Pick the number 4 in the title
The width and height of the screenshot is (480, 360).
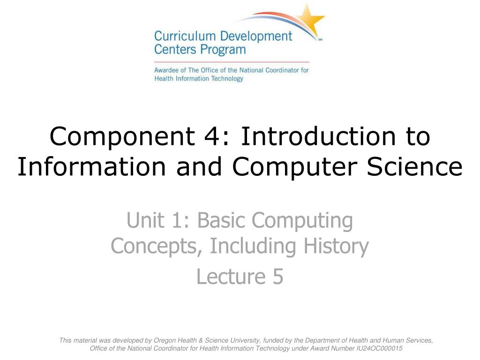point(216,137)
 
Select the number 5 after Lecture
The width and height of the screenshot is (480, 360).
point(277,277)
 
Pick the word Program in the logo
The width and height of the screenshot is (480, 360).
point(224,49)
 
